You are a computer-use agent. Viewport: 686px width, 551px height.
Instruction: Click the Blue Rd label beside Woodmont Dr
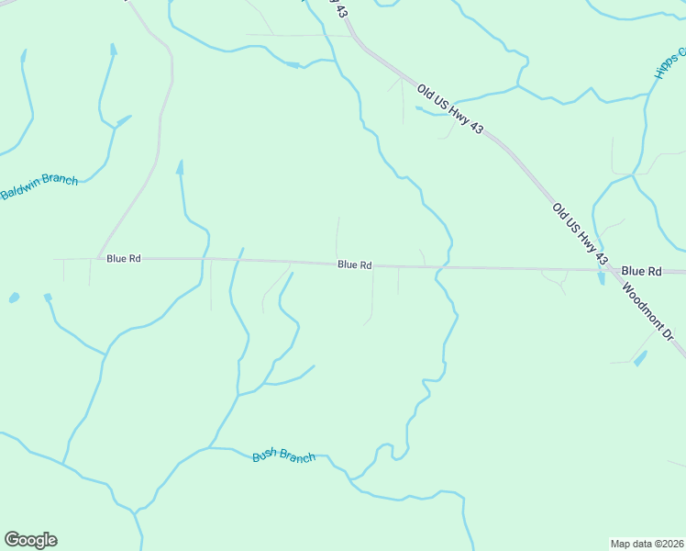[x=641, y=271]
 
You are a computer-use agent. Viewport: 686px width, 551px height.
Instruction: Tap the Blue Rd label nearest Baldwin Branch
[x=123, y=259]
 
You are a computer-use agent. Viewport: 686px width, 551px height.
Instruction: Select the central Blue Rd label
[x=354, y=264]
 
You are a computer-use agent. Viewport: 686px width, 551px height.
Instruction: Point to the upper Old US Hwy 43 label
[x=449, y=109]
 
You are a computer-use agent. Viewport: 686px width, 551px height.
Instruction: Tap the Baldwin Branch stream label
[x=39, y=186]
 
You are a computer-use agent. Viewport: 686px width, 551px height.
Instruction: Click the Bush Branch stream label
[x=283, y=456]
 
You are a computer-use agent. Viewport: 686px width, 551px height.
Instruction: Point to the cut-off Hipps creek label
[x=669, y=63]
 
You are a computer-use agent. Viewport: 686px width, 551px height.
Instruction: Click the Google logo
[x=30, y=540]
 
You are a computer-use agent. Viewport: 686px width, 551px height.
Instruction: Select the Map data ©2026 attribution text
[x=647, y=544]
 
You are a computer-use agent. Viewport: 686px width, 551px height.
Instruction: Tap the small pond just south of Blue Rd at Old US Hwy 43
[x=602, y=278]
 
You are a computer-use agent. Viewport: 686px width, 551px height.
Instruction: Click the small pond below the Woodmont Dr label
[x=639, y=358]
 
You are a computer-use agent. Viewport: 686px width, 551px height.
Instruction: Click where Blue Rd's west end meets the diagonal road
[x=98, y=258]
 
